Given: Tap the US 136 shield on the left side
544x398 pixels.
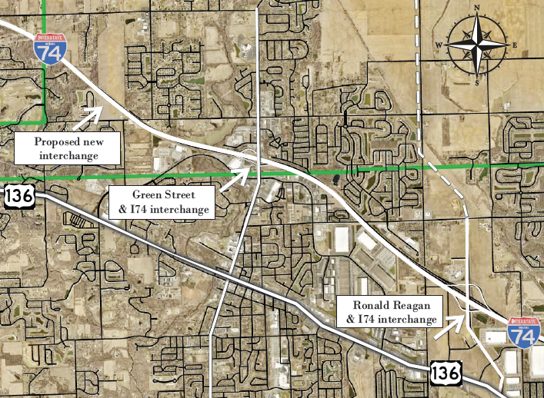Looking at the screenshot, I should [x=18, y=196].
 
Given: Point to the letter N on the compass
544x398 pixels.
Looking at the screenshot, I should [x=477, y=9].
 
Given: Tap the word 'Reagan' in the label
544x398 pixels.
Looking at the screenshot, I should [x=414, y=304].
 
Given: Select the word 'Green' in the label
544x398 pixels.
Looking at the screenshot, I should [x=149, y=195].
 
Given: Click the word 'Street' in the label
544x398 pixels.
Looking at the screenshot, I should [x=186, y=195].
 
